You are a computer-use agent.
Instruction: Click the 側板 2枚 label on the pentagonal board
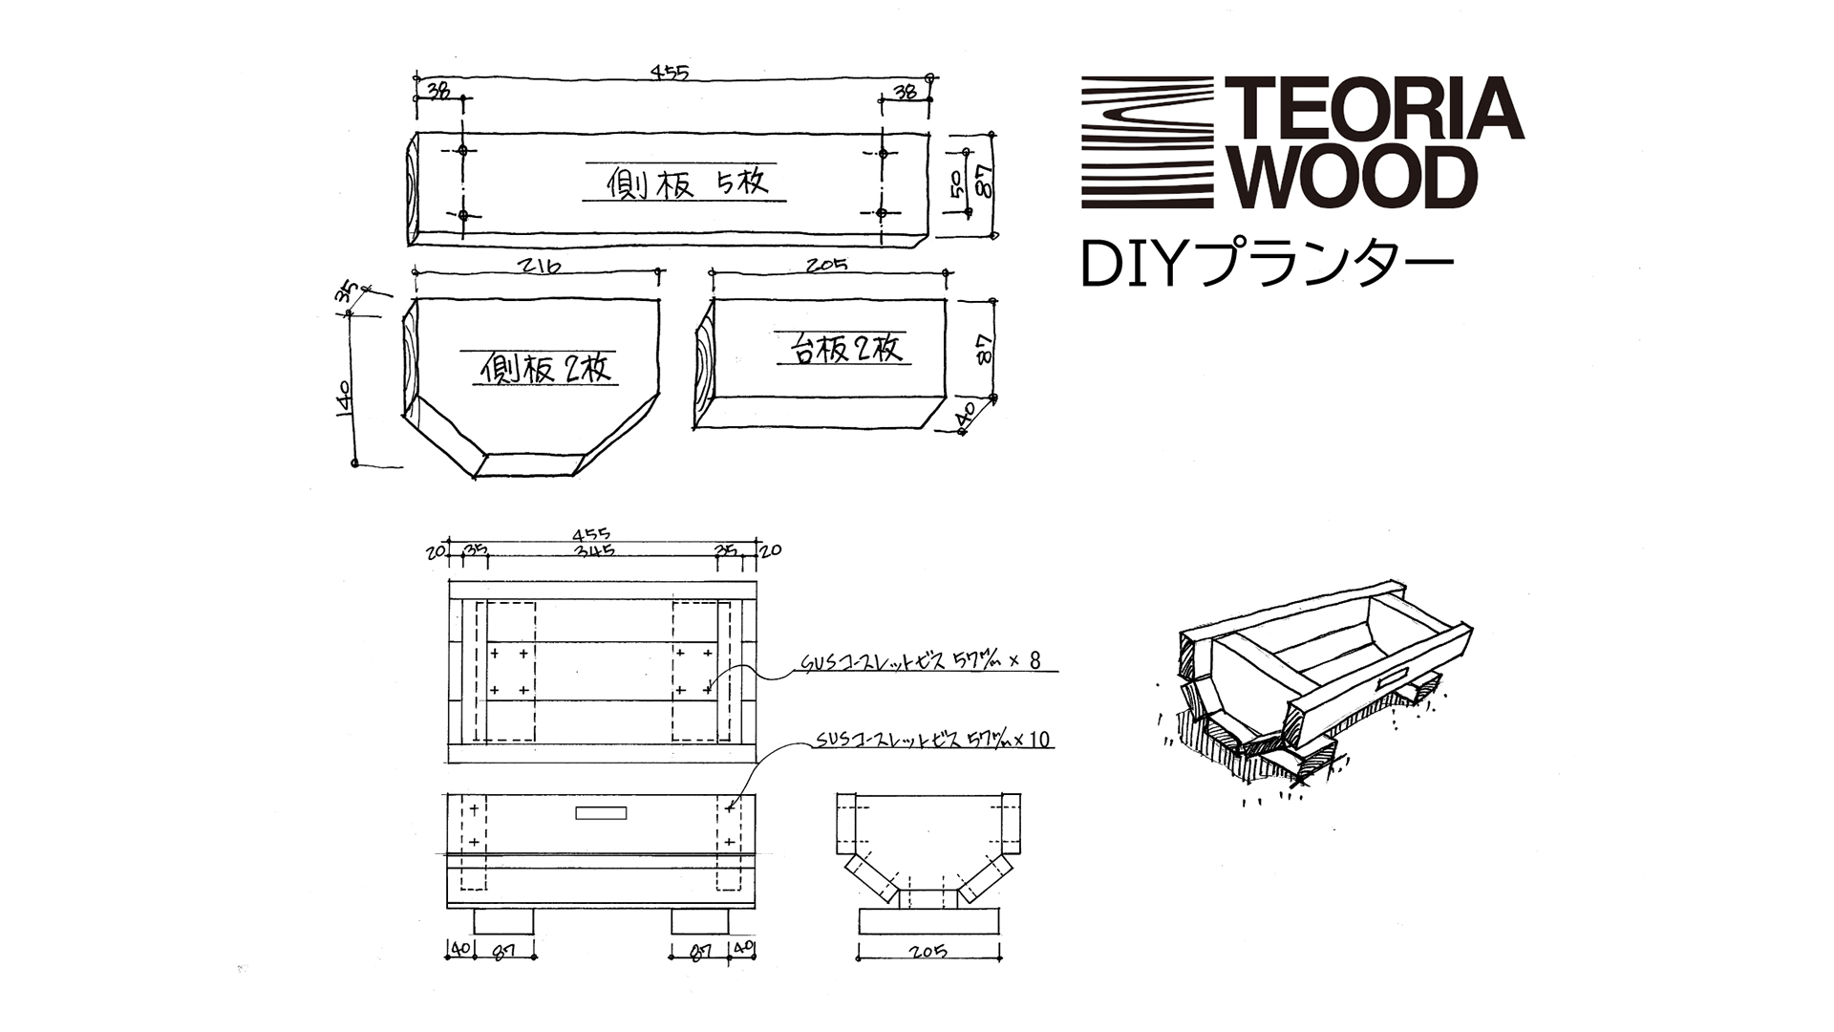coord(546,367)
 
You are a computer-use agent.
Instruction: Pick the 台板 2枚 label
coord(846,349)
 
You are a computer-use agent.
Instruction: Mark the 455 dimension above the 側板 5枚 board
coord(670,72)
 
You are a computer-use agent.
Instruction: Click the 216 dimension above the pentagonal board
coord(535,265)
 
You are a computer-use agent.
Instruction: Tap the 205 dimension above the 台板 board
coord(826,265)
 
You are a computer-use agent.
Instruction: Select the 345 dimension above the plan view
coord(594,550)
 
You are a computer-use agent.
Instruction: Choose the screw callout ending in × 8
coord(921,661)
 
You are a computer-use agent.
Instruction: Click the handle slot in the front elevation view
coord(602,813)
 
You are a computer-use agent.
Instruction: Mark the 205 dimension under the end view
coord(928,951)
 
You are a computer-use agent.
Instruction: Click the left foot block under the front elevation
coord(503,921)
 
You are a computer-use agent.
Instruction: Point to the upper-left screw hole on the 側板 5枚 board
coord(463,150)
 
